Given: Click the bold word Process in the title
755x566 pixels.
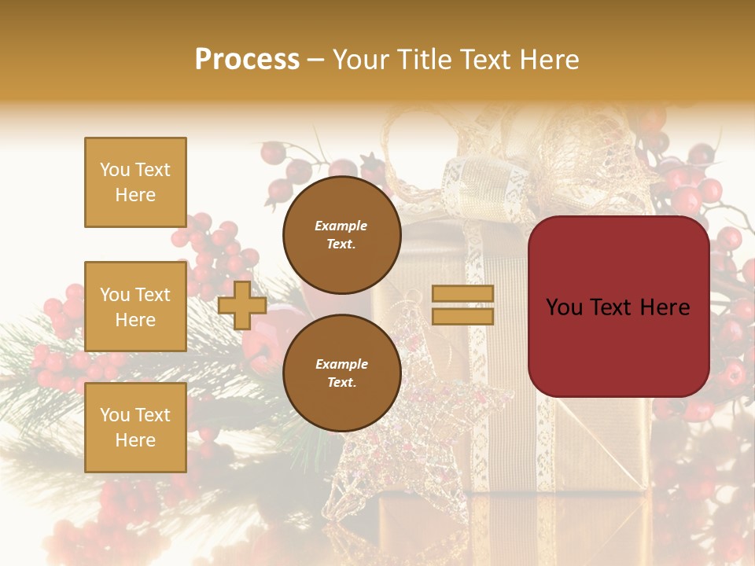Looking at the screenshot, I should tap(247, 59).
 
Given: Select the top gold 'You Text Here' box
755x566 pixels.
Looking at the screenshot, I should tap(135, 182).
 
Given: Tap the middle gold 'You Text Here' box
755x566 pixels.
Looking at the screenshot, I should tap(135, 307).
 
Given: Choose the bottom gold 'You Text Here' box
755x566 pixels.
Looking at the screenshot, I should tap(135, 428).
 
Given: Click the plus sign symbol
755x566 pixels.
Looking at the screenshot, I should tap(242, 305).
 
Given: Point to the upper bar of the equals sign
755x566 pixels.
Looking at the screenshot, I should tap(463, 294).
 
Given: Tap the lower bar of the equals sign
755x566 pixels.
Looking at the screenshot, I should tap(463, 316).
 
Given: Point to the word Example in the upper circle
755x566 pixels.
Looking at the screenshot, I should tap(341, 226).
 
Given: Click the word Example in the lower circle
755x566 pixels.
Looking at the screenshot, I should tap(341, 364).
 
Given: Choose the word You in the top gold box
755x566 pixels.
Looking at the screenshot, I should tap(115, 170).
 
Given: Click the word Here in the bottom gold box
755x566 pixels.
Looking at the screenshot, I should tap(135, 440).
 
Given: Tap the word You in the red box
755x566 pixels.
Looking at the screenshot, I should tap(564, 307).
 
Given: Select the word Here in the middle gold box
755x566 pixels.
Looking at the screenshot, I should tap(135, 320).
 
